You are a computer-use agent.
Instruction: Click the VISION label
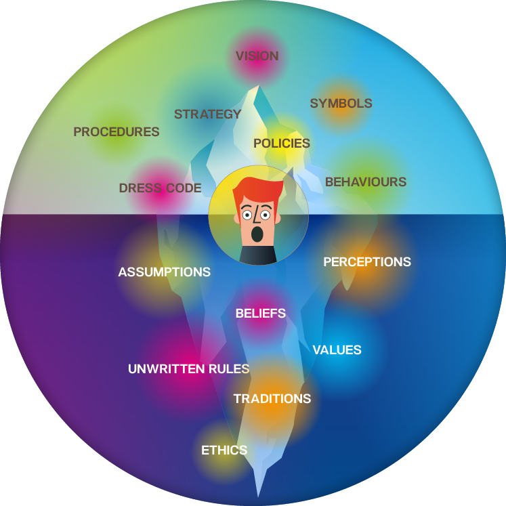coord(257,56)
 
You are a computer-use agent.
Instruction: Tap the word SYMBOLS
coord(341,104)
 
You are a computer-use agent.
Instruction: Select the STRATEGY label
coord(207,114)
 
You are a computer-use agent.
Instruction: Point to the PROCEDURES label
coord(117,131)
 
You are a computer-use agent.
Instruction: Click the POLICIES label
coord(282,144)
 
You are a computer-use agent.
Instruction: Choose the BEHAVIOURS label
coord(366,182)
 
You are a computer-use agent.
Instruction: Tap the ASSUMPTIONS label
coord(164,272)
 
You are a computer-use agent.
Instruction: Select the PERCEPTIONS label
coord(367,261)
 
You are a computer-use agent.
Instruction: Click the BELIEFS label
coord(261,314)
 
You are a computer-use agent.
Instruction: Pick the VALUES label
coord(337,350)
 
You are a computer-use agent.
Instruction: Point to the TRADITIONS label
coord(272,399)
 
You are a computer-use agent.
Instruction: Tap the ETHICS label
coord(224,450)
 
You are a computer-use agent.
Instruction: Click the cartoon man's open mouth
coord(257,234)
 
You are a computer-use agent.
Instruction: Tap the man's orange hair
coord(258,190)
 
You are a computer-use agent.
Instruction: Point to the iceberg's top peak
coord(259,85)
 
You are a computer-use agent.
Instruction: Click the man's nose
coord(256,215)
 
